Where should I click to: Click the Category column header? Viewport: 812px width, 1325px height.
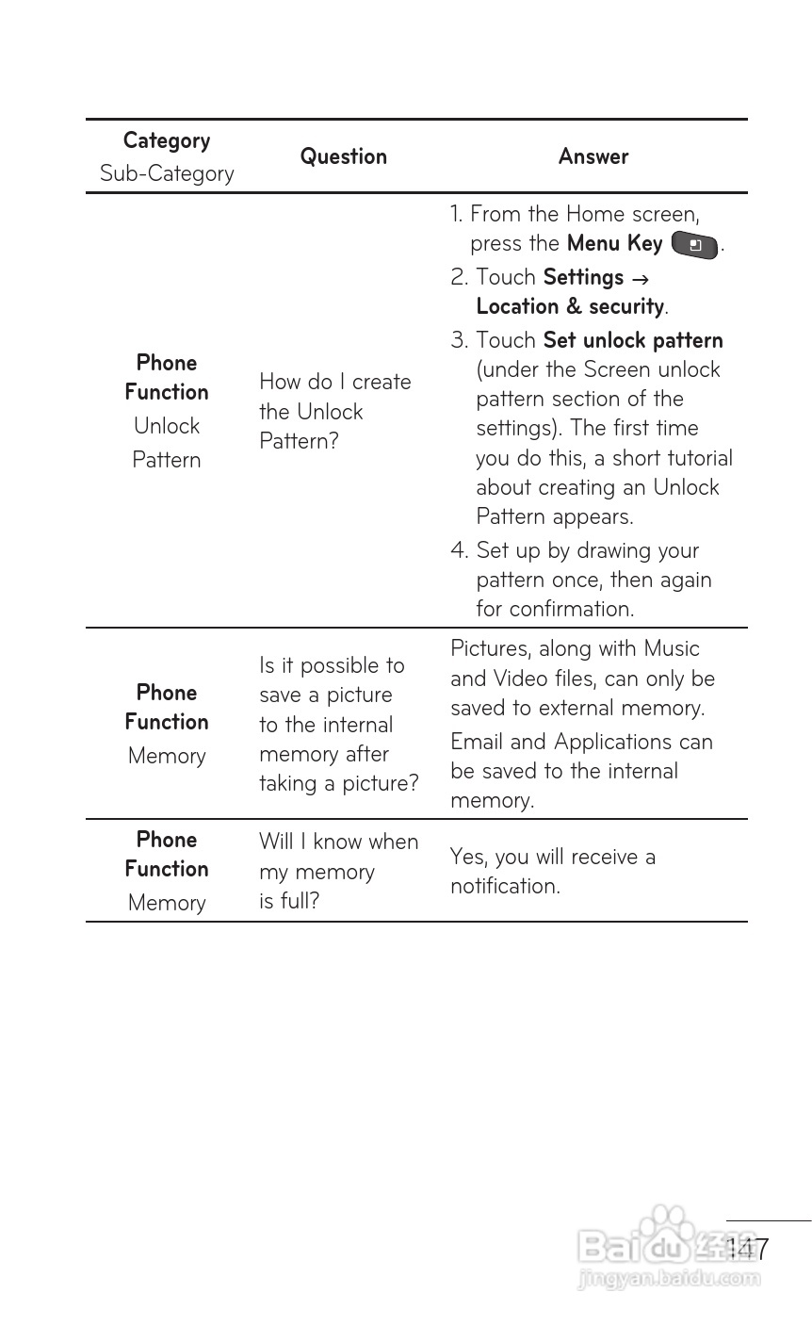167,140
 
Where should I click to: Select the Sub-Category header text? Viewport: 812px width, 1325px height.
167,173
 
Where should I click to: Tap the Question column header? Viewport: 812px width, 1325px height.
343,156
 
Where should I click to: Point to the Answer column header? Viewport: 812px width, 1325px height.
593,156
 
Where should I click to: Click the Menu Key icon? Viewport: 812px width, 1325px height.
695,245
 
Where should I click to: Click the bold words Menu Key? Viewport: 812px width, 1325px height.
614,243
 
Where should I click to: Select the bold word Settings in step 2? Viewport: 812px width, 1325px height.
583,277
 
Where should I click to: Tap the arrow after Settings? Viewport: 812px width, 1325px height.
640,279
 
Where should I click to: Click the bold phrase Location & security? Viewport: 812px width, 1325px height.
570,306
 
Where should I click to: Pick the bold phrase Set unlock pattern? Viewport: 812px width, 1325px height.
633,340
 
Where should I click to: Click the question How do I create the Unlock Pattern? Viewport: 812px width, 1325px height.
334,411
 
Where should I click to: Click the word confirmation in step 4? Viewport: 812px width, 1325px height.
571,609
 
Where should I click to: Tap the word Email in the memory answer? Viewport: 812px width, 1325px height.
477,742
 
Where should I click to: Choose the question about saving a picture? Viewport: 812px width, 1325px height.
338,724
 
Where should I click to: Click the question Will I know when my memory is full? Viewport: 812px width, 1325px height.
338,871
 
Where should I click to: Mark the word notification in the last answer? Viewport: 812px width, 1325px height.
505,886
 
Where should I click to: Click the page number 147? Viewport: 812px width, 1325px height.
748,1250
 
